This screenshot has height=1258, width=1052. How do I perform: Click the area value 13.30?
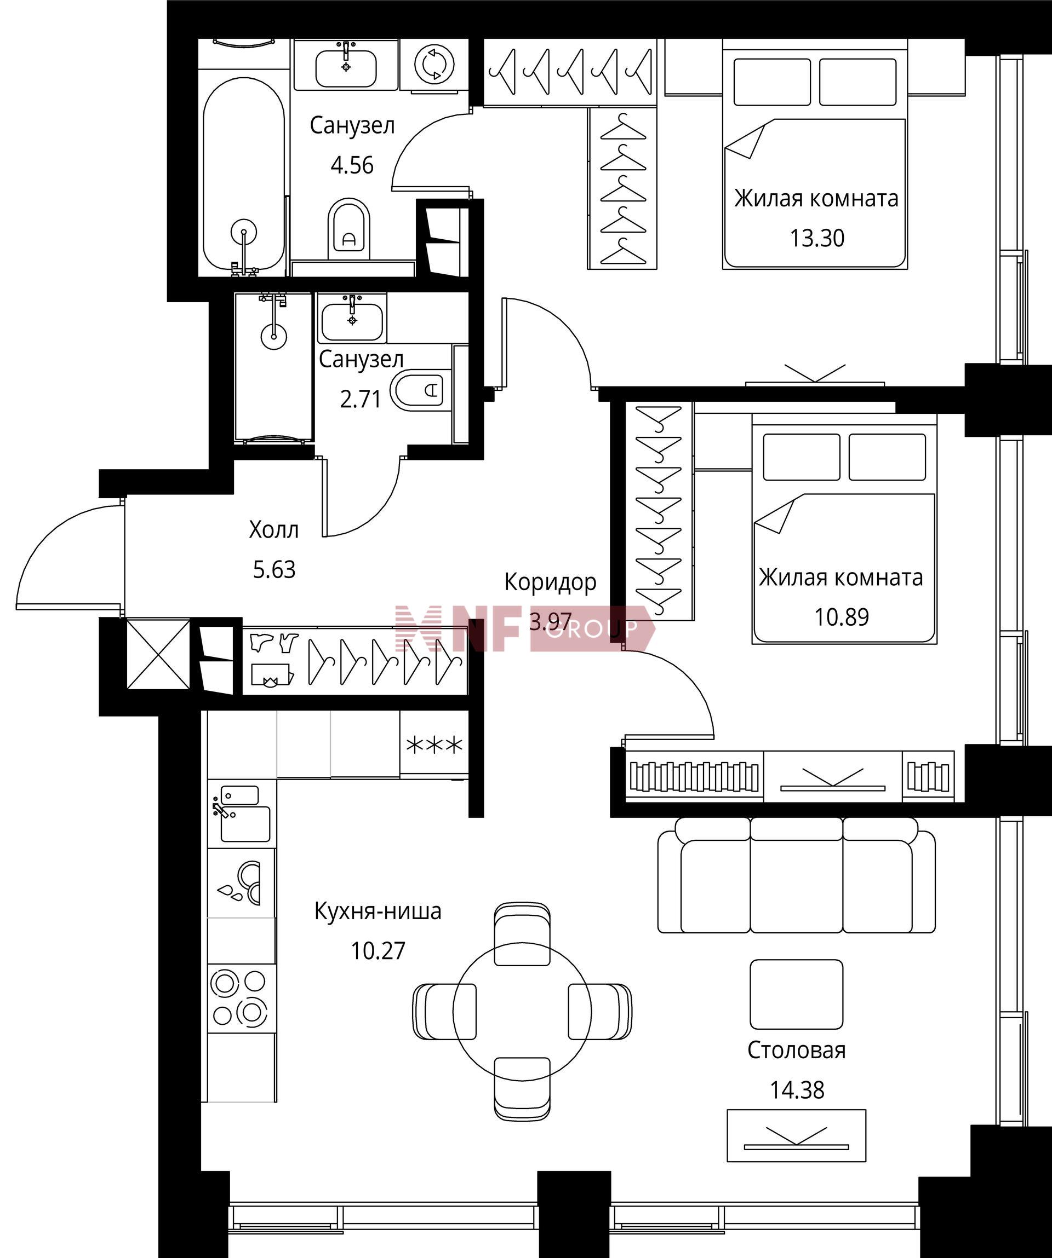coord(816,238)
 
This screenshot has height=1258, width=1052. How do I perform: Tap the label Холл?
coord(273,529)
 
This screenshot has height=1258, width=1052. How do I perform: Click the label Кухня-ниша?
coord(378,910)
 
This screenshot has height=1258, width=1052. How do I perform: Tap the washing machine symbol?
coord(434,64)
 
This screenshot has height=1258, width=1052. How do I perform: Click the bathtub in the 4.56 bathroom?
coord(243,174)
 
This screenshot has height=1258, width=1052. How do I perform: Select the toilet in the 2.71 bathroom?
coord(418,390)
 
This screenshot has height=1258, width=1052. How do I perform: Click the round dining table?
coord(522,1012)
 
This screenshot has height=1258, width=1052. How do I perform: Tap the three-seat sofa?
coord(796,875)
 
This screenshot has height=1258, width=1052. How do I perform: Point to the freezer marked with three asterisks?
coord(434,745)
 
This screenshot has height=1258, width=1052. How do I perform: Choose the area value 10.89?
coord(841,616)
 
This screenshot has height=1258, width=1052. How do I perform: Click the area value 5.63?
coord(274,569)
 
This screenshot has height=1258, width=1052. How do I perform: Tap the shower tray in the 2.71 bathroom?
coord(273,367)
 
